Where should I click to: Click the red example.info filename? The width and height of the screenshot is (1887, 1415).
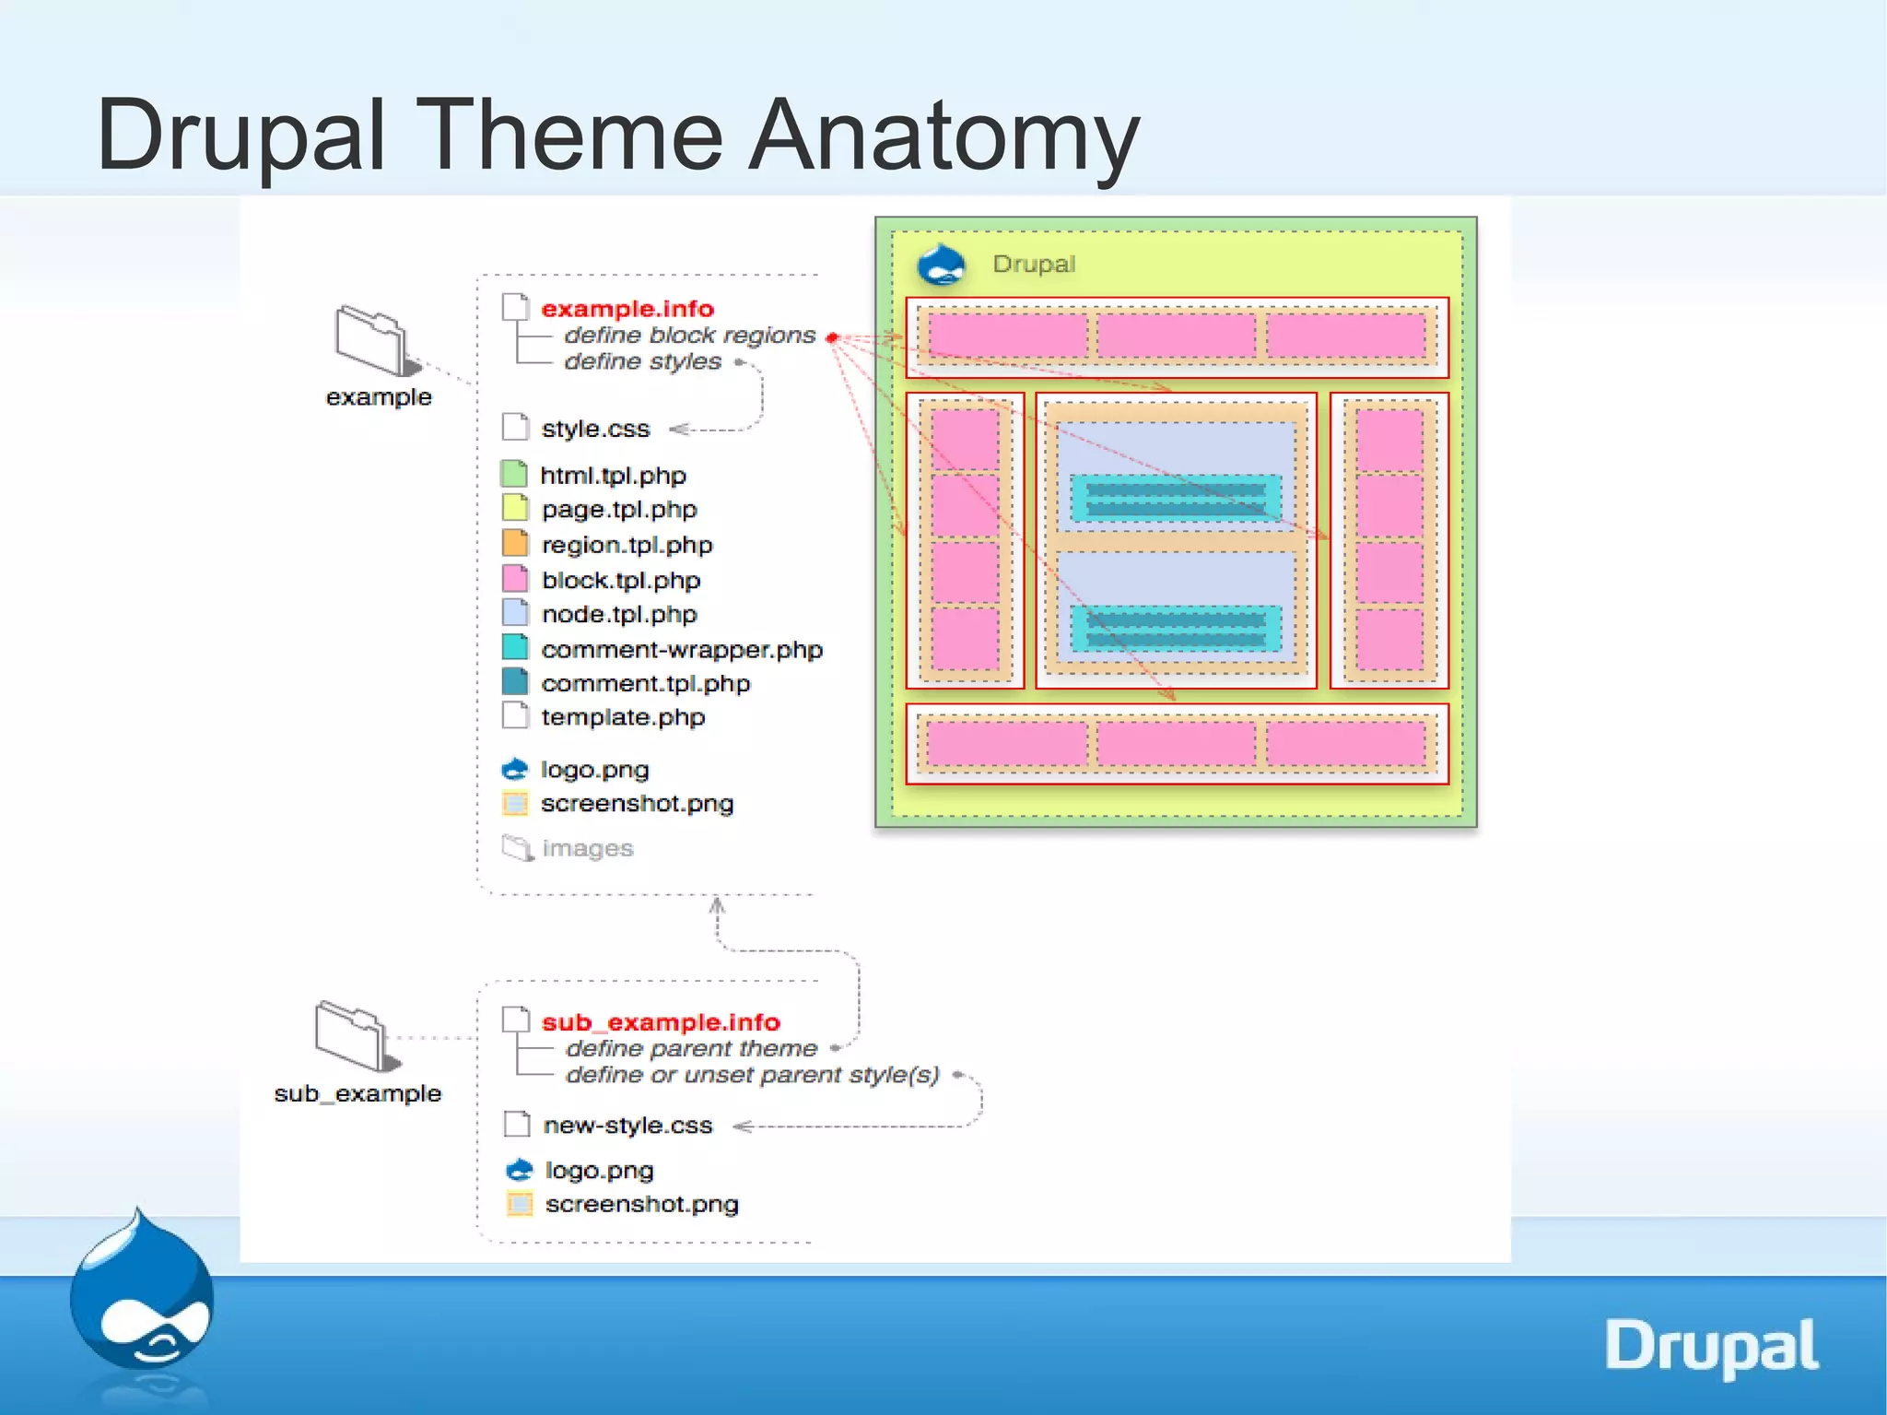(627, 309)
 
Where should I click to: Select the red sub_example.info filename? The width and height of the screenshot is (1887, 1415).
(661, 1022)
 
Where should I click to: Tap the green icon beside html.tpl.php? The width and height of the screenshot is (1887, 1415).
(514, 474)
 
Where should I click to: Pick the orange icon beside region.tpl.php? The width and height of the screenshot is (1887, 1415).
(515, 544)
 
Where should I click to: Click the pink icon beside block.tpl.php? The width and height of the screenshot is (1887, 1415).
(515, 579)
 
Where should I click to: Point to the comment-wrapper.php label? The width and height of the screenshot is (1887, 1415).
(681, 650)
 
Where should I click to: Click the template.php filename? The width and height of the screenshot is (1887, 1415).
(623, 717)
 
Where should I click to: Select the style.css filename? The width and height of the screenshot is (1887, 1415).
(595, 429)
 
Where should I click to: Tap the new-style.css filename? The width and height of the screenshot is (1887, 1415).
(627, 1126)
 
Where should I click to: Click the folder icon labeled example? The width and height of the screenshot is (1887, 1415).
(371, 340)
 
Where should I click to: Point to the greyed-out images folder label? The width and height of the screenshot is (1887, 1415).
(587, 848)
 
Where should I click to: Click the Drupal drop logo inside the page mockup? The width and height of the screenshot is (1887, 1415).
(941, 265)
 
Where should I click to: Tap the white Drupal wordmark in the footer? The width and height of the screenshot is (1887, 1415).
(1711, 1347)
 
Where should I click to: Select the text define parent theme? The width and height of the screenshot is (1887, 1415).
(691, 1048)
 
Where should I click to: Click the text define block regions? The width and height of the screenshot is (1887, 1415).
(689, 336)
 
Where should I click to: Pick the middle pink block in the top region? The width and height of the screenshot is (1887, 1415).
(1177, 336)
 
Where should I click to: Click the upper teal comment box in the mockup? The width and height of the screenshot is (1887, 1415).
(1176, 498)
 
